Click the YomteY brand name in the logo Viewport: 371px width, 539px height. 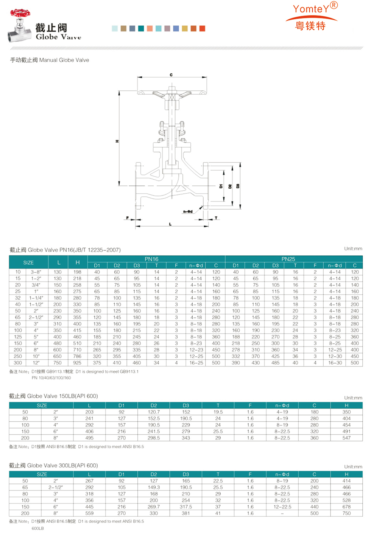(311, 9)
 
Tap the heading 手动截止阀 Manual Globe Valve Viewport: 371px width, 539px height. (50, 60)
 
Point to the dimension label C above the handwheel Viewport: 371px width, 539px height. (171, 75)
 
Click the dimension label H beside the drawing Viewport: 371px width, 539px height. (117, 141)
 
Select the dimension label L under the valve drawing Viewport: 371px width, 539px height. (170, 224)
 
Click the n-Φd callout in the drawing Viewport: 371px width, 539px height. (188, 211)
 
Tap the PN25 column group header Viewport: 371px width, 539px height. (288, 259)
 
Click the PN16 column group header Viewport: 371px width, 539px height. (151, 259)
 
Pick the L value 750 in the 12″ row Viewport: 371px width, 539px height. (58, 363)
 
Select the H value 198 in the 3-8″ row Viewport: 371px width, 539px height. (77, 272)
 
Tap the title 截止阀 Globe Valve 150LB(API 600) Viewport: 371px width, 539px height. (53, 396)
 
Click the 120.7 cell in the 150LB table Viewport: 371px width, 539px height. (154, 412)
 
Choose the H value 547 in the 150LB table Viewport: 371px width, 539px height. (346, 438)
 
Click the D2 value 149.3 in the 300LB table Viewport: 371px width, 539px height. (154, 488)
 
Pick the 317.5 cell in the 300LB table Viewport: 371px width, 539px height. (186, 507)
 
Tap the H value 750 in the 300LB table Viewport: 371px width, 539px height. (346, 513)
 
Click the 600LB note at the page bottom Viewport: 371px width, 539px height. (38, 528)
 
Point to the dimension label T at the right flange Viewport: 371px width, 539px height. (216, 218)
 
